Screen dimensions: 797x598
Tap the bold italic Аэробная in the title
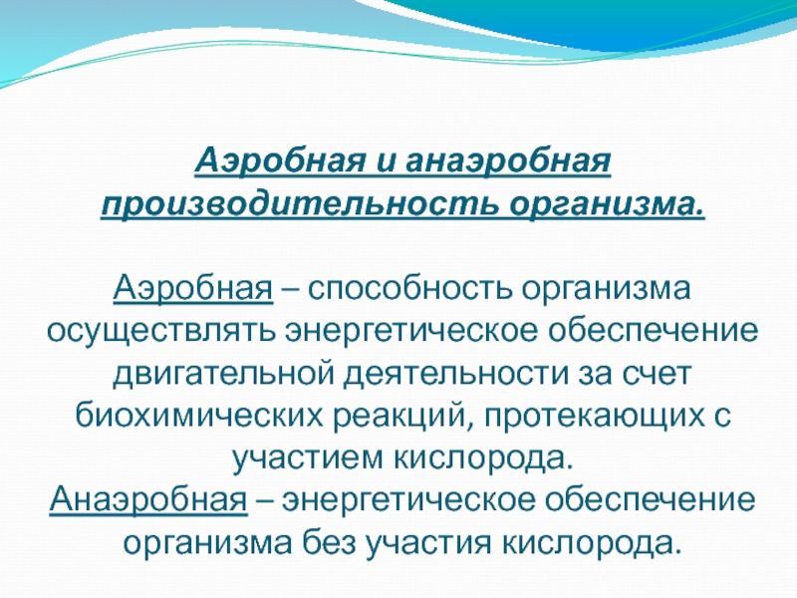[x=281, y=160]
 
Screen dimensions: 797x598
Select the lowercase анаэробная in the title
[x=508, y=161]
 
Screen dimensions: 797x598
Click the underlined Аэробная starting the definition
[x=193, y=288]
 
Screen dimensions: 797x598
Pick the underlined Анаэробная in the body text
[x=148, y=500]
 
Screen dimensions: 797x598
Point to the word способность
[x=409, y=289]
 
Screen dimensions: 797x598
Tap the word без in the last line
[x=329, y=542]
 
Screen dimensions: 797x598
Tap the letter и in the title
[x=387, y=162]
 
